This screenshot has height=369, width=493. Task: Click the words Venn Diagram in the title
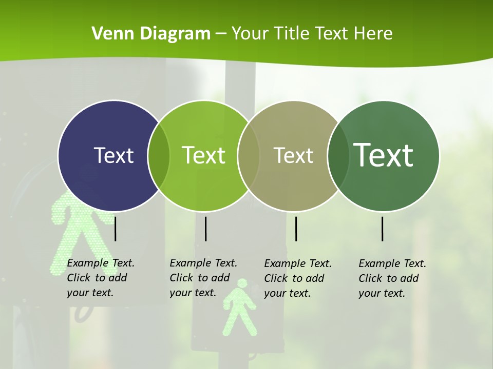click(151, 34)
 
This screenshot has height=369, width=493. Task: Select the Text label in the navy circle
click(113, 155)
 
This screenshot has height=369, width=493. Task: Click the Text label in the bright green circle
click(204, 155)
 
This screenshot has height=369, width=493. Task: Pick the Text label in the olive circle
click(293, 155)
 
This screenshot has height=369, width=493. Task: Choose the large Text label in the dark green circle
click(384, 155)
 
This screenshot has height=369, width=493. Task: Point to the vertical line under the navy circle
click(116, 229)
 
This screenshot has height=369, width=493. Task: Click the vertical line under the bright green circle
click(205, 229)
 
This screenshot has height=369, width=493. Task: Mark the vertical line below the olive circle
click(296, 229)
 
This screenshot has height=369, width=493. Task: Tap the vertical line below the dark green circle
click(382, 229)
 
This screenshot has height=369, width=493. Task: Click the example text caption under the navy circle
click(101, 278)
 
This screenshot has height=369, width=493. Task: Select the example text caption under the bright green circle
click(203, 278)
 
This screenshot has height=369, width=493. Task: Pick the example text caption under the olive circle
click(298, 278)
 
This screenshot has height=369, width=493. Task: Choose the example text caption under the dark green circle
click(392, 278)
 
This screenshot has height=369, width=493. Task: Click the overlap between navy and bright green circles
click(159, 156)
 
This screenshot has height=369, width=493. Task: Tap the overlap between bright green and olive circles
click(249, 156)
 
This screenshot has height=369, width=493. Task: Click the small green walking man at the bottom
click(238, 308)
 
